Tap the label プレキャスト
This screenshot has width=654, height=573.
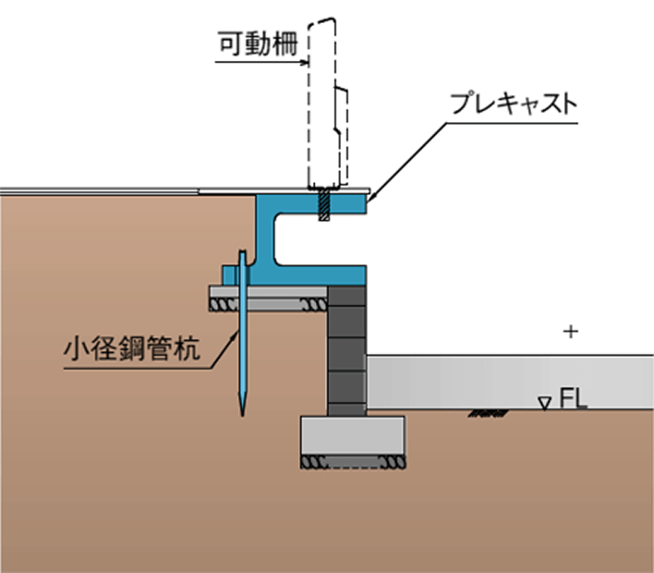coord(513,104)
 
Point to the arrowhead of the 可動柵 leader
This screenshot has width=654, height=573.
coord(305,63)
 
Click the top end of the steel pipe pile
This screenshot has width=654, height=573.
coord(242,254)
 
